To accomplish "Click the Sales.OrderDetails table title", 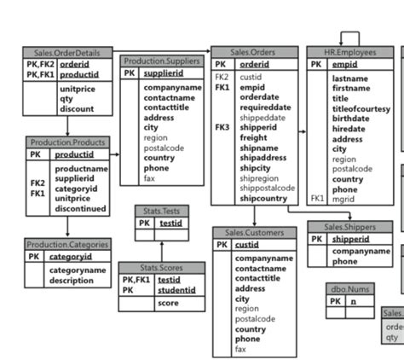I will [x=66, y=53].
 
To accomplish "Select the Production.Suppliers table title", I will [x=162, y=61].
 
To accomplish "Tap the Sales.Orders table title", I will [x=254, y=52].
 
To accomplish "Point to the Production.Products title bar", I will [x=67, y=142].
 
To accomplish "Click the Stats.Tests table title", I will [x=161, y=211].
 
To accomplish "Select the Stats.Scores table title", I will [x=161, y=268].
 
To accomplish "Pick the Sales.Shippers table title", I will [x=349, y=227].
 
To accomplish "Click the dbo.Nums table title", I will [x=350, y=289].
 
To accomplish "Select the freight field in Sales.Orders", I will [x=253, y=137].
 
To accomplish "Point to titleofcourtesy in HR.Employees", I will [x=360, y=109].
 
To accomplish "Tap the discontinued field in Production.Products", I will [x=81, y=208].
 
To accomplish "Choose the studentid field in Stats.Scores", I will [x=177, y=290].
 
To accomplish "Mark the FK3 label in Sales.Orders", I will [x=222, y=127].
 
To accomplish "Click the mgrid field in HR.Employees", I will [x=343, y=199].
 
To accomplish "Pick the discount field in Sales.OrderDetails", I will [x=77, y=109].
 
